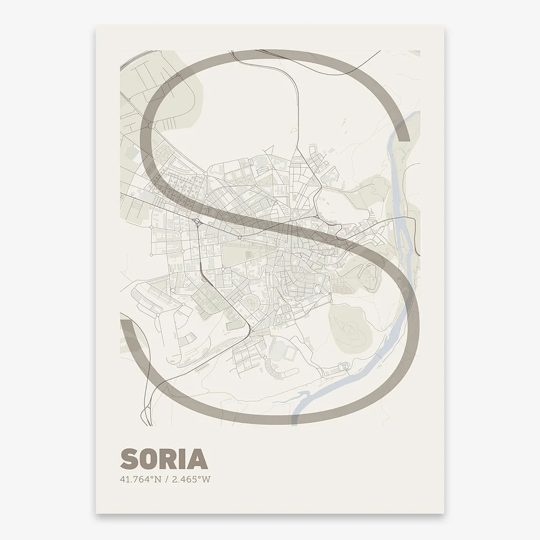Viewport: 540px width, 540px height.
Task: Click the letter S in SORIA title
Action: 129,459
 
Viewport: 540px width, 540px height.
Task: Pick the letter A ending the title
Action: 198,459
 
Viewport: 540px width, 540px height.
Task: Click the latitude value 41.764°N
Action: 140,479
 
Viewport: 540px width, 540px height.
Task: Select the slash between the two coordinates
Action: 166,479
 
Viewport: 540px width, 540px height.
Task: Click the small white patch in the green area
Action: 137,155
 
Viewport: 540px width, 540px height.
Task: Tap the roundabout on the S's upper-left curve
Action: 150,125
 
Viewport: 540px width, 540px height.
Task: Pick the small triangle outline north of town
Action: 268,150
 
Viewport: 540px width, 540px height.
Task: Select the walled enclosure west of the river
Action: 371,277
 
